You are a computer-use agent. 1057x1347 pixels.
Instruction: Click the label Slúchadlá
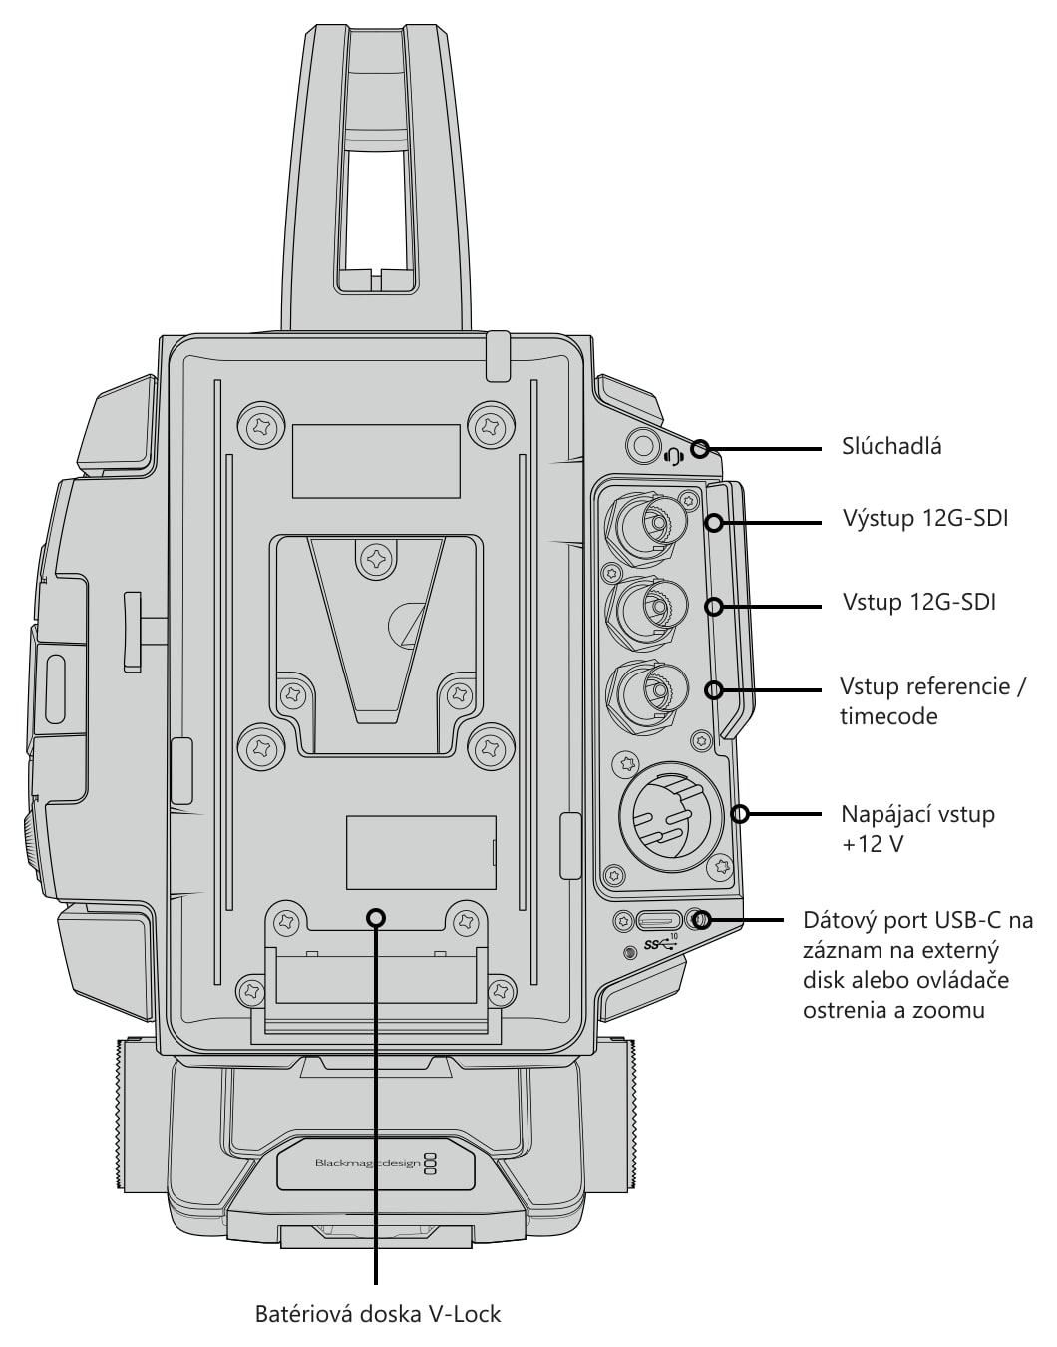point(891,447)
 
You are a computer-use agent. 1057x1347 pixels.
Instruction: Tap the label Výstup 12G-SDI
point(925,518)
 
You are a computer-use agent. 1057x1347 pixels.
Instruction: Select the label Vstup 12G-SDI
point(919,602)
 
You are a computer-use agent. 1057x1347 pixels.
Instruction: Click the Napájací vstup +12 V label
point(917,829)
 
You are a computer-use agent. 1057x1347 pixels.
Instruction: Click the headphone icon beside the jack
point(674,457)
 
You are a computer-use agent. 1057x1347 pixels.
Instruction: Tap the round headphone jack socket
point(643,445)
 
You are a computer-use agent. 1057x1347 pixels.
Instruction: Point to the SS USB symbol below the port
point(661,944)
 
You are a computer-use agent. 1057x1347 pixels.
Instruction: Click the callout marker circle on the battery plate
point(376,917)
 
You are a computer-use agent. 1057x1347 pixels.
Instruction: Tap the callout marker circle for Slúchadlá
point(700,449)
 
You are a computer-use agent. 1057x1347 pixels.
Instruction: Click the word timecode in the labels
point(888,717)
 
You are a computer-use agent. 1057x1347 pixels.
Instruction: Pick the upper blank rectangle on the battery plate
point(376,461)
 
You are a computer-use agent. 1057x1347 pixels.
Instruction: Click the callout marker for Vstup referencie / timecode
point(715,689)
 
